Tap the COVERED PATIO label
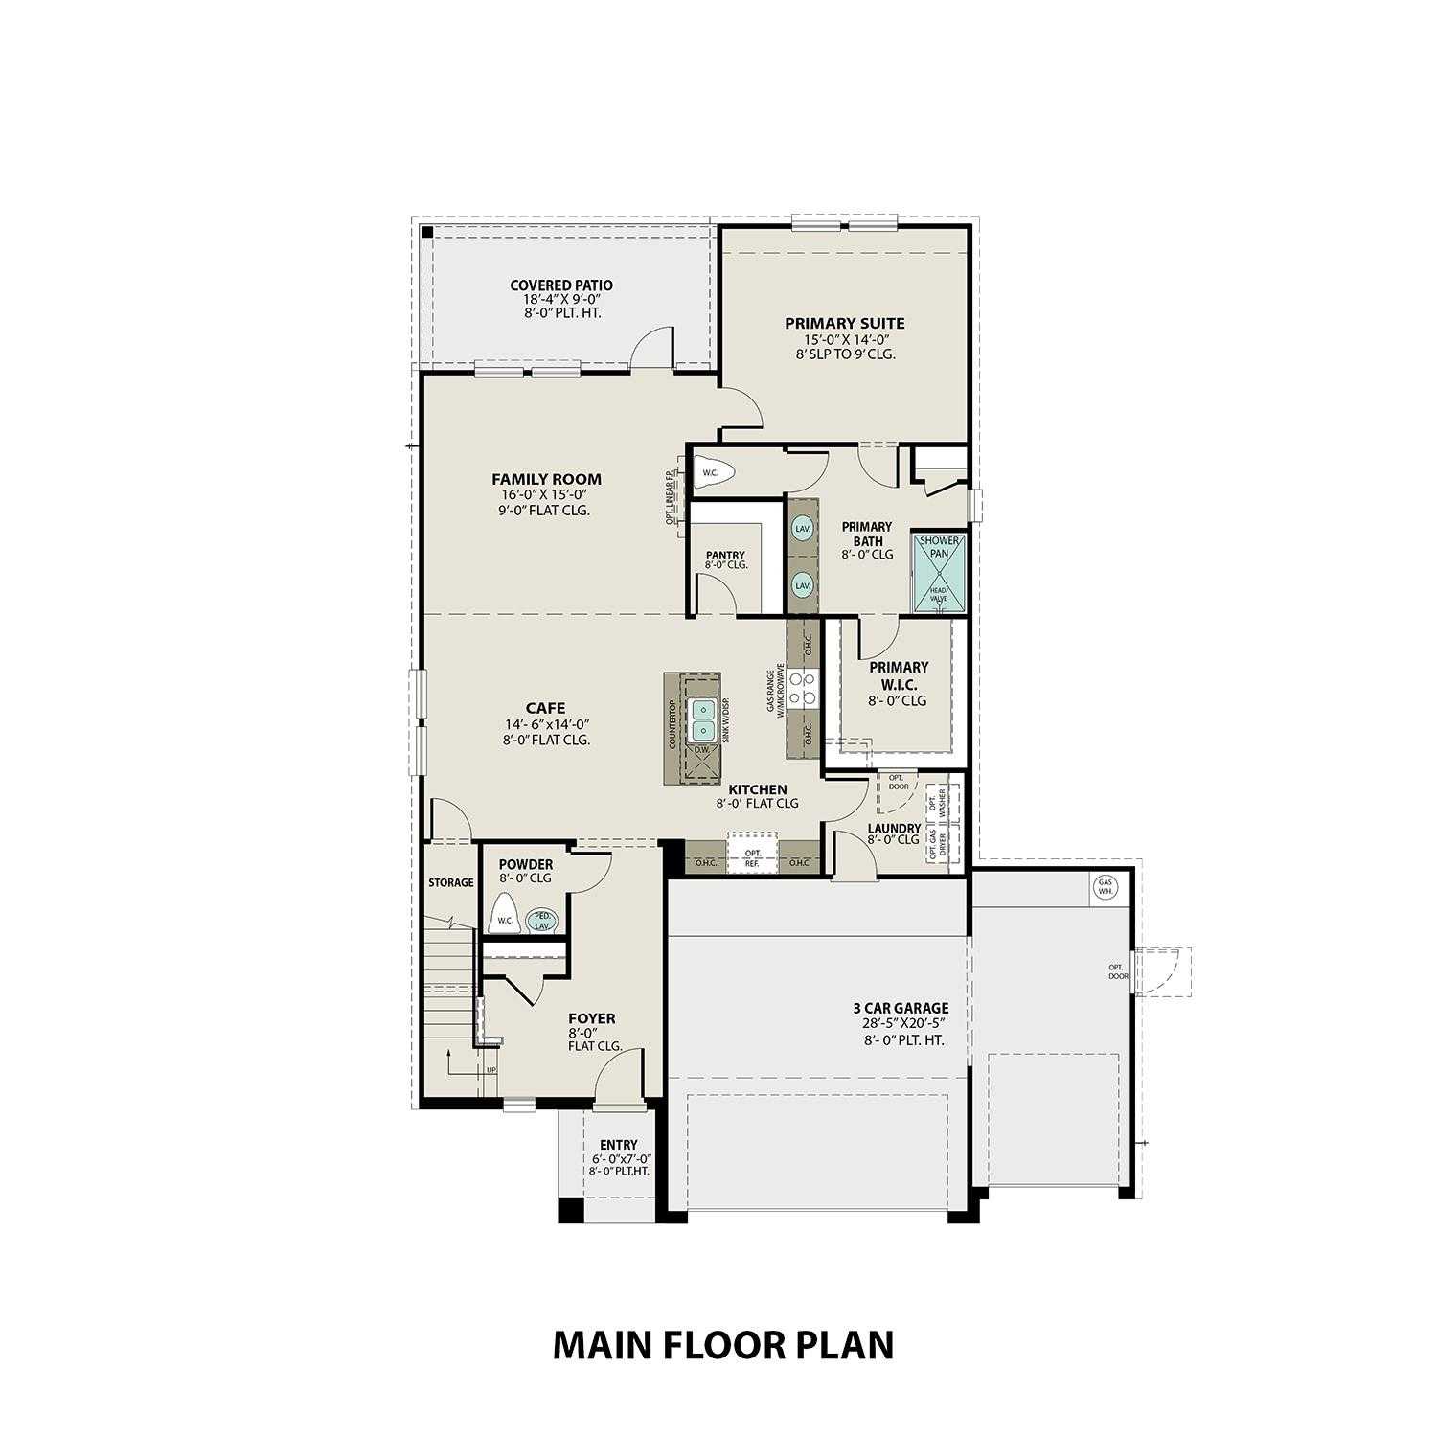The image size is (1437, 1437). coord(560,285)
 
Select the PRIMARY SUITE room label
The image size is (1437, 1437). coord(844,324)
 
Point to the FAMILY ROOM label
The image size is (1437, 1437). coord(546,479)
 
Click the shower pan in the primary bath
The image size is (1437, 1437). coord(938,572)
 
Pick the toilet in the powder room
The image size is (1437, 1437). coord(504,914)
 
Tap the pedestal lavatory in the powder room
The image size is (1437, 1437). coord(542,920)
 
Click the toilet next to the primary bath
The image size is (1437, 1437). coord(715,472)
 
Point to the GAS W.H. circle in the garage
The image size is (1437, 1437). coord(1106,887)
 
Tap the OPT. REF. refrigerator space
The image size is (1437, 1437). coord(753,857)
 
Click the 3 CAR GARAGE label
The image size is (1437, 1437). coord(901,1008)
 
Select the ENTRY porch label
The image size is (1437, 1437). coord(618,1145)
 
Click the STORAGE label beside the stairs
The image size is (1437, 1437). coord(450,882)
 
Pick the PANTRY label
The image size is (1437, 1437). coord(725,555)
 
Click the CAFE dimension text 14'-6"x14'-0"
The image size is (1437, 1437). coord(545,725)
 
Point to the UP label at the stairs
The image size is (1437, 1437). coord(491,1070)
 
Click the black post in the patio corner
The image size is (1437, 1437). coord(427,232)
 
